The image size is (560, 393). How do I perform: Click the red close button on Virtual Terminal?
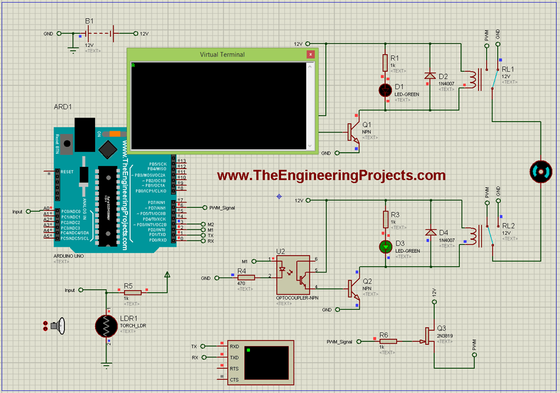(311, 54)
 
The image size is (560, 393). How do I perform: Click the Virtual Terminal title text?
(222, 54)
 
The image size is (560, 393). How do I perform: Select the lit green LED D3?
(386, 247)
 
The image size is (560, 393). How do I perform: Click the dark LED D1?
(386, 90)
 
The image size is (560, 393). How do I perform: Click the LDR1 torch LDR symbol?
(106, 327)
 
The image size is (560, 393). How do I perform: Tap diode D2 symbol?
(429, 76)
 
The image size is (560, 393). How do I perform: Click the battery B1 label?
(89, 21)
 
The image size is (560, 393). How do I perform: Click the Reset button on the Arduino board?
(67, 145)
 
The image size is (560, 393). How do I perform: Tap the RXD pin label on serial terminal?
(234, 346)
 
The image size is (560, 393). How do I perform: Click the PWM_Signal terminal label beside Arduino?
(222, 208)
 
